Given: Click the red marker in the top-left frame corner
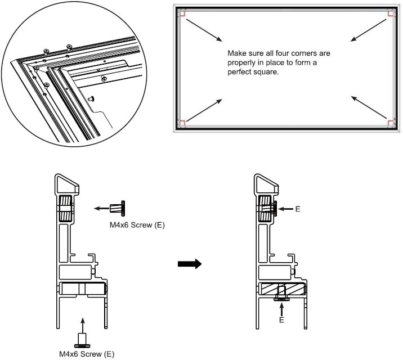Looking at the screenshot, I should click(x=181, y=12).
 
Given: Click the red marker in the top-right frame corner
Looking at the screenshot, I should click(x=390, y=12).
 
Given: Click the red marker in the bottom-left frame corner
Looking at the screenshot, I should click(x=181, y=123).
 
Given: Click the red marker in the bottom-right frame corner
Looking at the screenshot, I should click(x=390, y=122).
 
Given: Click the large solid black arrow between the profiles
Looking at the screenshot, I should click(x=190, y=264).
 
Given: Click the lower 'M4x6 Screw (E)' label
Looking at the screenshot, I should click(x=87, y=354).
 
